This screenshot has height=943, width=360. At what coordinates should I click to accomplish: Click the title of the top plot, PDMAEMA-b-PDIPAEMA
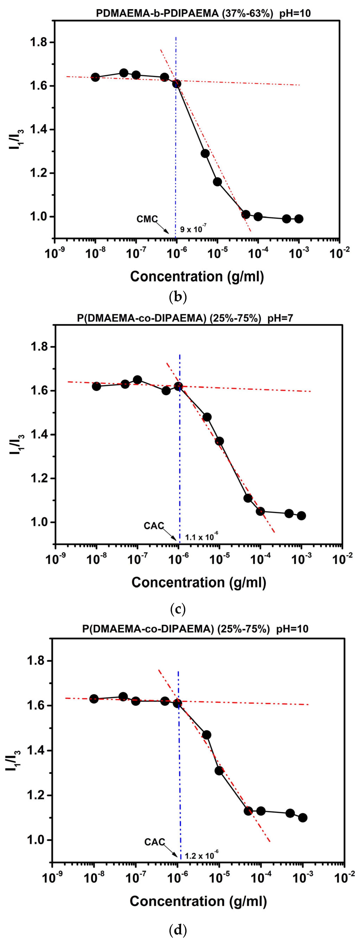point(203,14)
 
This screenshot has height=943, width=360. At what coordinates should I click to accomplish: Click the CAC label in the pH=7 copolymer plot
point(154,526)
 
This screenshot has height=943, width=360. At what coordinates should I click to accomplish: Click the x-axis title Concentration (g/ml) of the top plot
point(197,276)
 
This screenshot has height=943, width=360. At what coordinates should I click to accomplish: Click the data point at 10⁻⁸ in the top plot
point(95,77)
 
